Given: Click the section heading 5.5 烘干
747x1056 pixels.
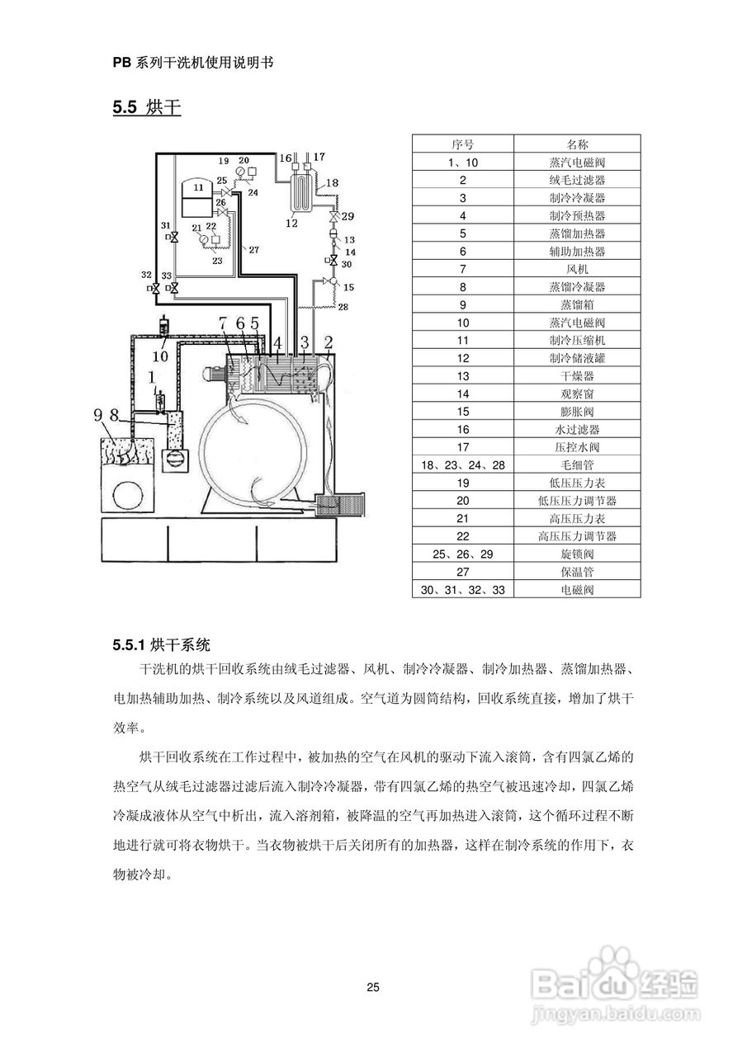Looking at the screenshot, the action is (147, 107).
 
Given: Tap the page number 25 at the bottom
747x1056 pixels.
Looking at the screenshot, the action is (373, 987).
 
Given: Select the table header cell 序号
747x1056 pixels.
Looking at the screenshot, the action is (462, 144).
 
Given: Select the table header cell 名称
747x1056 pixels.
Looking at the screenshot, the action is (577, 144).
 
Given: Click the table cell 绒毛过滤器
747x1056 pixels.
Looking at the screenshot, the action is (577, 180).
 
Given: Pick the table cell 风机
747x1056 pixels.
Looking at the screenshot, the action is (577, 269).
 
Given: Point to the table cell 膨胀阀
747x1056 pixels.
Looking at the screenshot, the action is (577, 412).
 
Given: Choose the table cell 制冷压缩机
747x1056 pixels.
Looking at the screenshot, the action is (577, 340).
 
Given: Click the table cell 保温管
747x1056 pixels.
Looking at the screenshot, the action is (577, 572).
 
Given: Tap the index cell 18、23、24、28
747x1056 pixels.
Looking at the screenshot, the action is (462, 465).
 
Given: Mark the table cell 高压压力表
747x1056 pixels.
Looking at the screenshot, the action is (577, 518).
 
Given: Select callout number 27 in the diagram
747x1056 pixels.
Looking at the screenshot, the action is (253, 248).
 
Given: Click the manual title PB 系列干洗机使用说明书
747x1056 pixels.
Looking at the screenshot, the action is (192, 63).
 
